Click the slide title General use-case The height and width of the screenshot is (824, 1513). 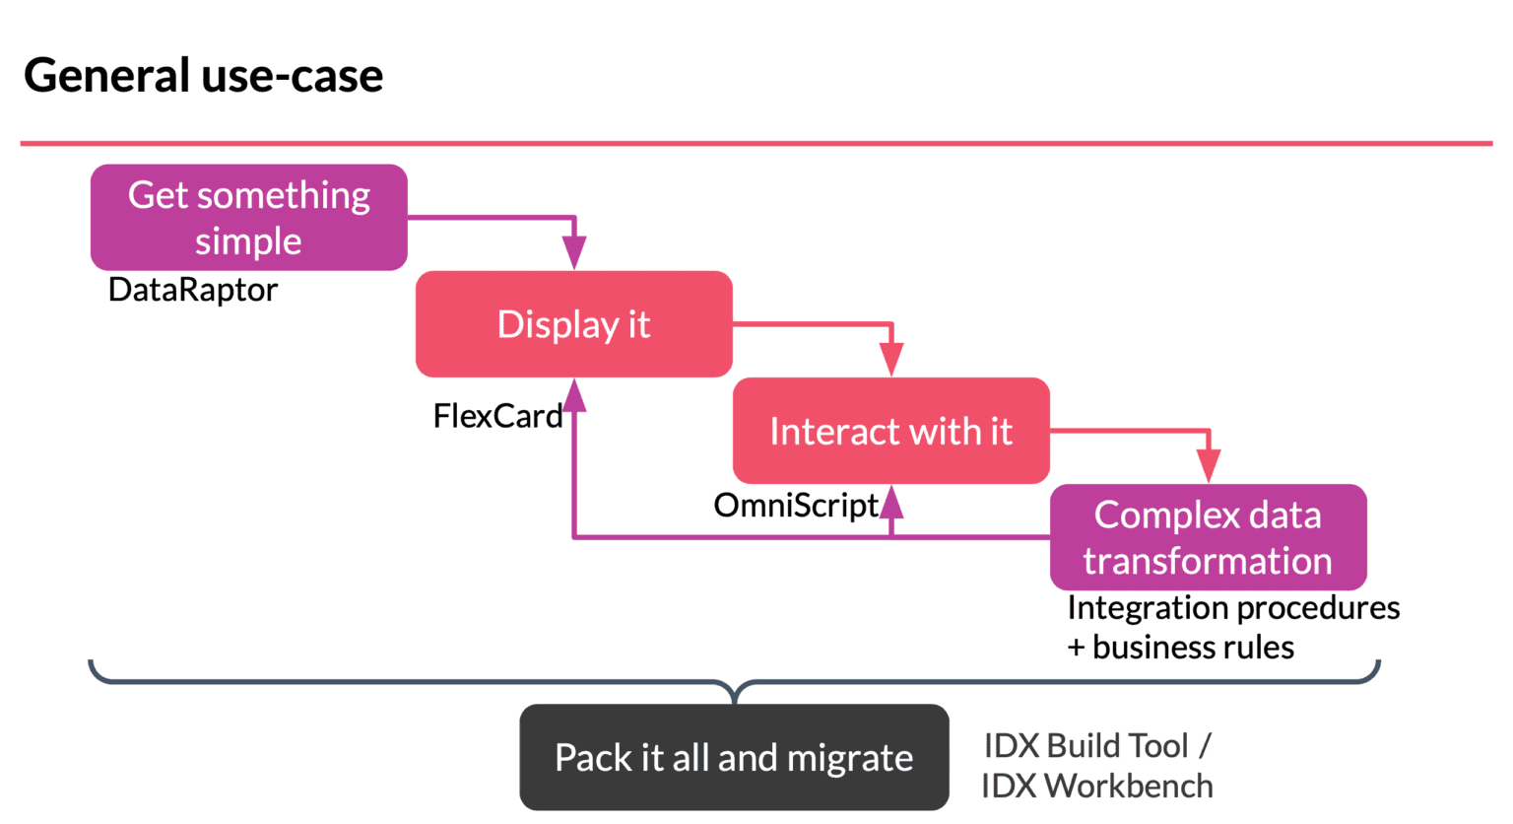[x=203, y=76]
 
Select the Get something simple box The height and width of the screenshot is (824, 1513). [x=249, y=218]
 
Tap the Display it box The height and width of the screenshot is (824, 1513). [x=574, y=324]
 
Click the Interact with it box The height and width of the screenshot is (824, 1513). [x=890, y=431]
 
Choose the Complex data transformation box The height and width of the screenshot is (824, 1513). [x=1208, y=537]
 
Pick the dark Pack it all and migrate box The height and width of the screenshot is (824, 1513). [x=734, y=757]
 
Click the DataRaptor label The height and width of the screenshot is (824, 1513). [x=193, y=290]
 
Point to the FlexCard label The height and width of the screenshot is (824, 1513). [x=497, y=416]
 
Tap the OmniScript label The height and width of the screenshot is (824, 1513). [x=796, y=505]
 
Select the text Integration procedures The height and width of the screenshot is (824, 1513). [x=1233, y=608]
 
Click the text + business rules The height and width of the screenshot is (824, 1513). [x=1180, y=648]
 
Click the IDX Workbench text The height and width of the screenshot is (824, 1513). [x=1097, y=786]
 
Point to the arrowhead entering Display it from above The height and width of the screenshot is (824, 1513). [x=574, y=254]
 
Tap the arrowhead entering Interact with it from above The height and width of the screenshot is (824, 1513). [x=891, y=361]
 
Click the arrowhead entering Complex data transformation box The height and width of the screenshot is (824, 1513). [x=1209, y=467]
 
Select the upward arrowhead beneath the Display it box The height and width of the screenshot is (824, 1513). [x=574, y=395]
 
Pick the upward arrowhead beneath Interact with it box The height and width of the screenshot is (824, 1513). [x=891, y=501]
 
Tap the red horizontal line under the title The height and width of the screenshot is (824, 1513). [x=756, y=144]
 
